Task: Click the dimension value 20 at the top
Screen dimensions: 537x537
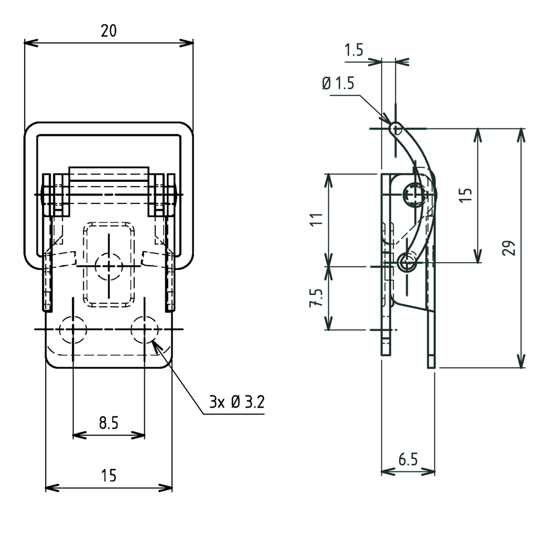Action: click(x=109, y=31)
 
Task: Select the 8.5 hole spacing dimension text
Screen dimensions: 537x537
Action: click(x=109, y=423)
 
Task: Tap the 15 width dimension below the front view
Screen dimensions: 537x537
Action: click(x=109, y=476)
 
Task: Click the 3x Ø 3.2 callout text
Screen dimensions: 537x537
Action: click(x=237, y=403)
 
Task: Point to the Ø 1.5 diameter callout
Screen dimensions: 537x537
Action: click(x=338, y=83)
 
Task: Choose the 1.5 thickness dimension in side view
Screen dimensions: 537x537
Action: click(x=354, y=50)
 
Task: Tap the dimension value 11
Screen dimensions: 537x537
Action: click(x=315, y=219)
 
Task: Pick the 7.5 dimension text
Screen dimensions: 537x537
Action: click(x=315, y=298)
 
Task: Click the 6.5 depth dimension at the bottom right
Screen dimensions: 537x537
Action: click(x=407, y=460)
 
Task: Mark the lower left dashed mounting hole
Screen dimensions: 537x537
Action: click(x=73, y=330)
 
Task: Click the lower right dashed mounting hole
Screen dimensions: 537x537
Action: click(x=145, y=330)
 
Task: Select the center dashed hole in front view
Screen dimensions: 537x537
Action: click(x=109, y=266)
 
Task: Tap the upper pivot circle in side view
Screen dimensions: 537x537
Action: click(x=415, y=195)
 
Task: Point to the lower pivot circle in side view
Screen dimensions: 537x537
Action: click(x=407, y=262)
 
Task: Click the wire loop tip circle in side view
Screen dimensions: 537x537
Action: click(x=396, y=128)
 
